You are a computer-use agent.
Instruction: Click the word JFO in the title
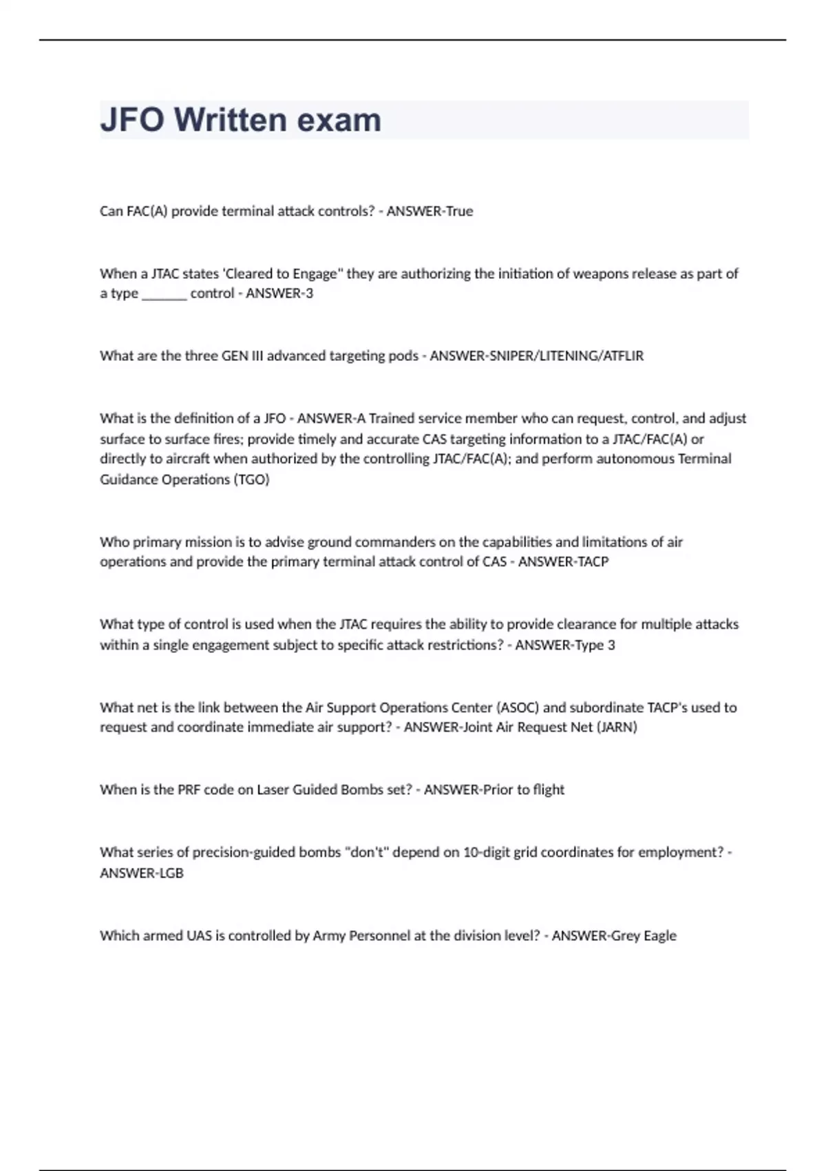132,120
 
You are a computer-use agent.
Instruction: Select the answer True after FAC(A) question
459,211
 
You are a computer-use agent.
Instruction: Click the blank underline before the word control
164,294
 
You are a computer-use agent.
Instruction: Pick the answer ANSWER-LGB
142,873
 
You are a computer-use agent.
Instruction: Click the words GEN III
242,356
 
